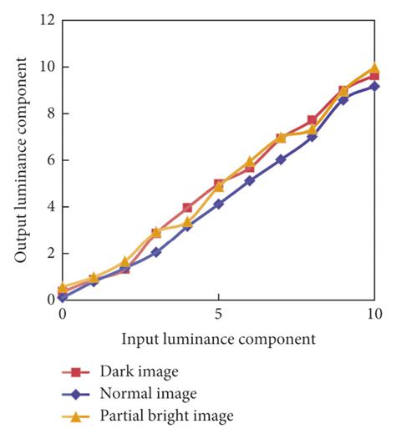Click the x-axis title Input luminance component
tap(218, 339)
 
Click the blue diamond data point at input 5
tap(218, 204)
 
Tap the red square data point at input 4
tap(187, 208)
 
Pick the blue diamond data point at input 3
tap(156, 251)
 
